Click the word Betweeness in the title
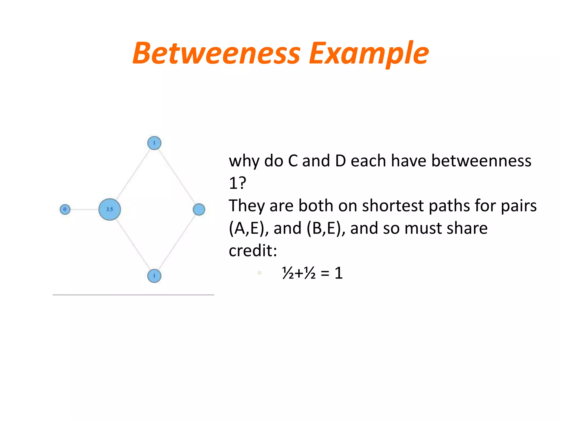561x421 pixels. (x=216, y=53)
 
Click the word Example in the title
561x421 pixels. (x=368, y=53)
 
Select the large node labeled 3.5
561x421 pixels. (x=110, y=209)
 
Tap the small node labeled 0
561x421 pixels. (x=65, y=209)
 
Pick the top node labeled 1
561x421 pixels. (x=154, y=143)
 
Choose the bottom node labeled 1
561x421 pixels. (x=154, y=276)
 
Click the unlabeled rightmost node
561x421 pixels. (x=199, y=209)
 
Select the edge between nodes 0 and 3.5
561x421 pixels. (x=84, y=209)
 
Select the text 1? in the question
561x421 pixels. (x=237, y=183)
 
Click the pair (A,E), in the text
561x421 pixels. (x=249, y=228)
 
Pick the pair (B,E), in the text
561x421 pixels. (x=326, y=228)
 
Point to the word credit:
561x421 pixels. (x=253, y=251)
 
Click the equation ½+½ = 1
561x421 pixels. (x=312, y=273)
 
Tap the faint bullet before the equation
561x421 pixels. (x=260, y=273)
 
